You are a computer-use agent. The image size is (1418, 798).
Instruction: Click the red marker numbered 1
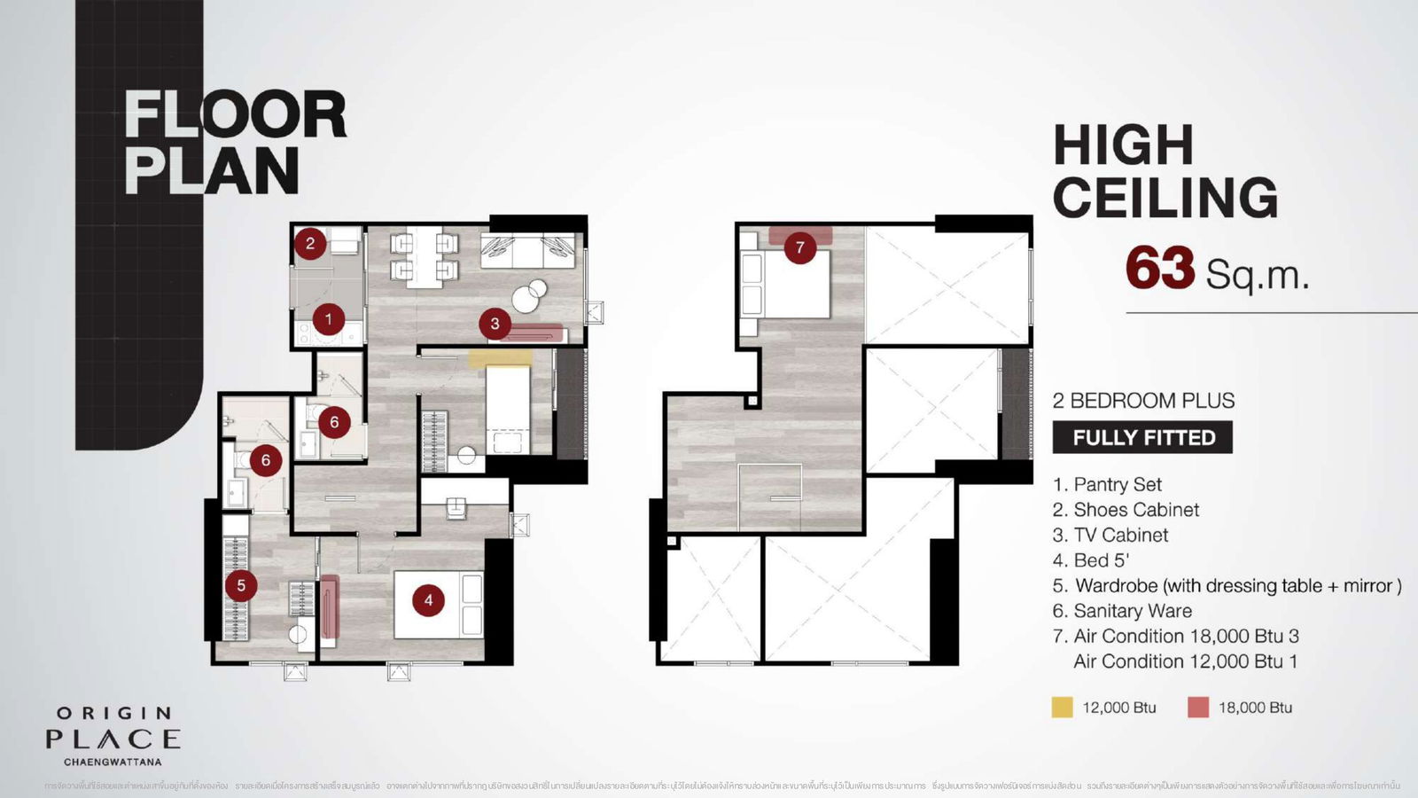coord(329,319)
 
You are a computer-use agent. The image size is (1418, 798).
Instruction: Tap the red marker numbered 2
coord(310,243)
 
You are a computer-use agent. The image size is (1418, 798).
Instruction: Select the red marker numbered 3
coord(495,325)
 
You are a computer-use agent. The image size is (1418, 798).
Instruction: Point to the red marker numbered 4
coord(428,600)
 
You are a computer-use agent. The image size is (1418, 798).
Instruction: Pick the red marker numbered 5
coord(241,585)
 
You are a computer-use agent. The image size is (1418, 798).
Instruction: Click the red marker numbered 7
coord(800,247)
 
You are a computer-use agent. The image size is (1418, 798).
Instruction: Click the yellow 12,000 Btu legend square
coord(1062,708)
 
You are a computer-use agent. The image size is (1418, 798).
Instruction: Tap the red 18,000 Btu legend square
coord(1198,708)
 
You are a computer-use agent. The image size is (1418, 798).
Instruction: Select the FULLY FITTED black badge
coord(1142,438)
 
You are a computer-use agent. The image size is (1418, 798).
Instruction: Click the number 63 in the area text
coord(1160,269)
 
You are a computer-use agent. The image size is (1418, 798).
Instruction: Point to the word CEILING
coord(1165,198)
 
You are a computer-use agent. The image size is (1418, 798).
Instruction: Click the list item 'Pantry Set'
coord(1117,485)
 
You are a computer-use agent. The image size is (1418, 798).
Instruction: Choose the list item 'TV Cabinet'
coord(1120,536)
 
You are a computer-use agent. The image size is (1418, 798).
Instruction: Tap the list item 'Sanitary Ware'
coord(1132,611)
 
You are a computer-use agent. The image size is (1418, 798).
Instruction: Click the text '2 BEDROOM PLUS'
coord(1143,401)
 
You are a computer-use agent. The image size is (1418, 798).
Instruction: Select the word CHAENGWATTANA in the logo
coord(113,761)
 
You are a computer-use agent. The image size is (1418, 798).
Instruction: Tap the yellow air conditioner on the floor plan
coord(500,358)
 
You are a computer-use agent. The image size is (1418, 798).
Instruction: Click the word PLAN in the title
coord(212,171)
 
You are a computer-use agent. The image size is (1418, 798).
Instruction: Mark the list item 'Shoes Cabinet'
coord(1135,510)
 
